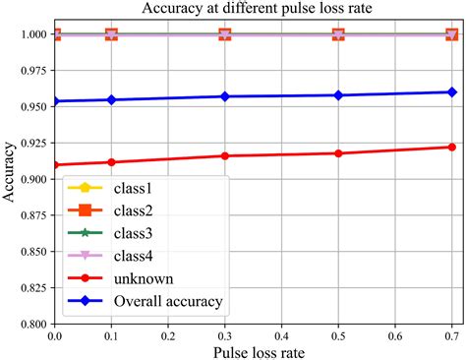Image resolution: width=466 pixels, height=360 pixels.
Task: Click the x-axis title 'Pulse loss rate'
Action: pos(253,350)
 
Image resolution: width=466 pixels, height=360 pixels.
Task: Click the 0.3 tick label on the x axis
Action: pos(225,335)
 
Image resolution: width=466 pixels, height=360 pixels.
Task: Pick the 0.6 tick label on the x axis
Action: pos(395,335)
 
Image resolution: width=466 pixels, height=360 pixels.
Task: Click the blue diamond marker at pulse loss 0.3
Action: pos(225,96)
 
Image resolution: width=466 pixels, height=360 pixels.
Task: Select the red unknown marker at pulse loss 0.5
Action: pos(338,153)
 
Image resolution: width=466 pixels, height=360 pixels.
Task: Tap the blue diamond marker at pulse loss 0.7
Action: pos(452,92)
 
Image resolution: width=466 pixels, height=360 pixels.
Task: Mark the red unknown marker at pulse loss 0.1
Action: pos(112,162)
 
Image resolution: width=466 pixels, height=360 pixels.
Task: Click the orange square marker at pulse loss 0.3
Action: pos(225,34)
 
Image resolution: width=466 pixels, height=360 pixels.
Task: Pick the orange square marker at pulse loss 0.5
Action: pos(338,34)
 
